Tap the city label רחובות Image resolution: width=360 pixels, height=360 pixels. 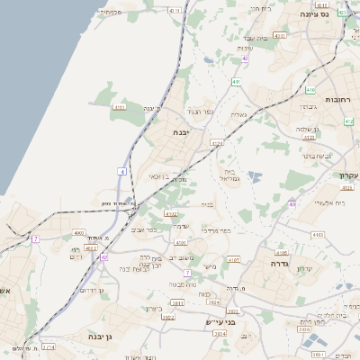340,99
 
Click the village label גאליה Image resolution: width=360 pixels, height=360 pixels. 238,114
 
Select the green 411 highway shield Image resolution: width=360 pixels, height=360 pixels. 236,82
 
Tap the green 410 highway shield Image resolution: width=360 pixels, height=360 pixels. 310,91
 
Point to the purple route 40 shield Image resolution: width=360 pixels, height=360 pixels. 292,204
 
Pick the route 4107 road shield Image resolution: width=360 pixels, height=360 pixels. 235,259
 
